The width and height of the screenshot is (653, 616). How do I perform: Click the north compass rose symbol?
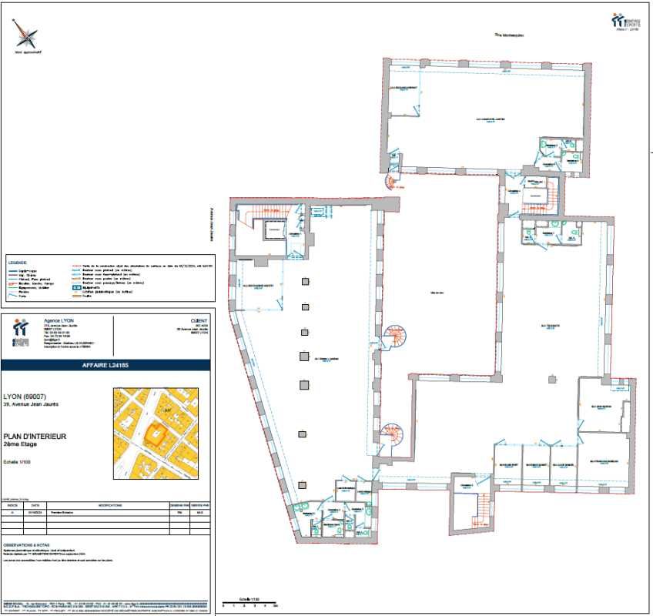(28, 37)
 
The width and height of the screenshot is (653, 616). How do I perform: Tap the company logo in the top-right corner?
(628, 21)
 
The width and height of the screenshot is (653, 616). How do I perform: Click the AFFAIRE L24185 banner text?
(105, 365)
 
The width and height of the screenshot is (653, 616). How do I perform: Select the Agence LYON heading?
(54, 320)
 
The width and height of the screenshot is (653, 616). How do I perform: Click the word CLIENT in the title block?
(199, 320)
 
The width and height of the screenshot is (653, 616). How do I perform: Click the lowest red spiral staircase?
(394, 436)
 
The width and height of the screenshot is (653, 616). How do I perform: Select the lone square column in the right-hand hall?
(552, 378)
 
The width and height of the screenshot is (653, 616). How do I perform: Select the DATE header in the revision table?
(35, 505)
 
